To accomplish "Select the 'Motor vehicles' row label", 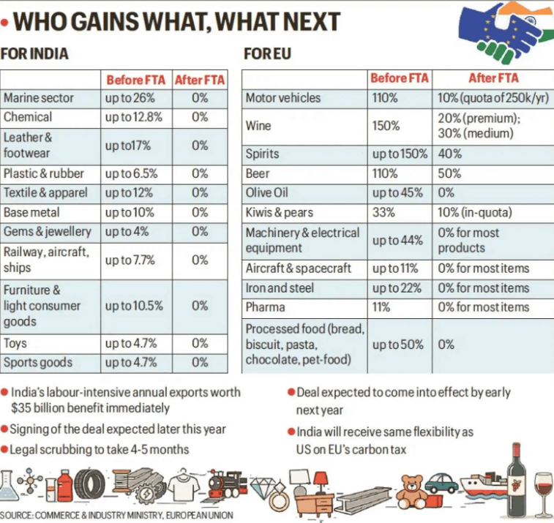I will tap(282, 98).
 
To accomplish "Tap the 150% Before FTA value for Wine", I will tap(385, 126).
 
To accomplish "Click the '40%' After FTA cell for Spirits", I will tap(450, 154).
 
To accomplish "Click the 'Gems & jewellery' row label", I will tap(48, 232).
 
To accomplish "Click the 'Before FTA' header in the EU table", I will tap(398, 78).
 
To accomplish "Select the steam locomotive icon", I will tap(226, 485).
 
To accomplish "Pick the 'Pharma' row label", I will tap(266, 307).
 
